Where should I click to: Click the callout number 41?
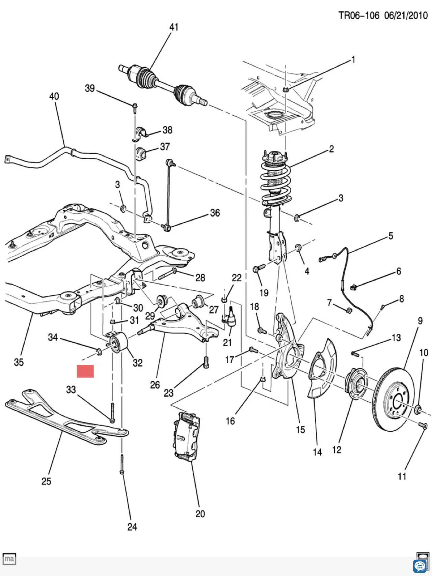click(173, 27)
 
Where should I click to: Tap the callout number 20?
click(200, 514)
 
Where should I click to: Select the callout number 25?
click(46, 481)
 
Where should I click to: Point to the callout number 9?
click(420, 320)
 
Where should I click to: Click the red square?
click(85, 371)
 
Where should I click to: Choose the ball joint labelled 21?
click(231, 316)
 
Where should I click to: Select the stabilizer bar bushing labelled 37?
click(140, 153)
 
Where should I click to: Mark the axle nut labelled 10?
click(418, 409)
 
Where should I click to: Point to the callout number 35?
click(19, 362)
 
